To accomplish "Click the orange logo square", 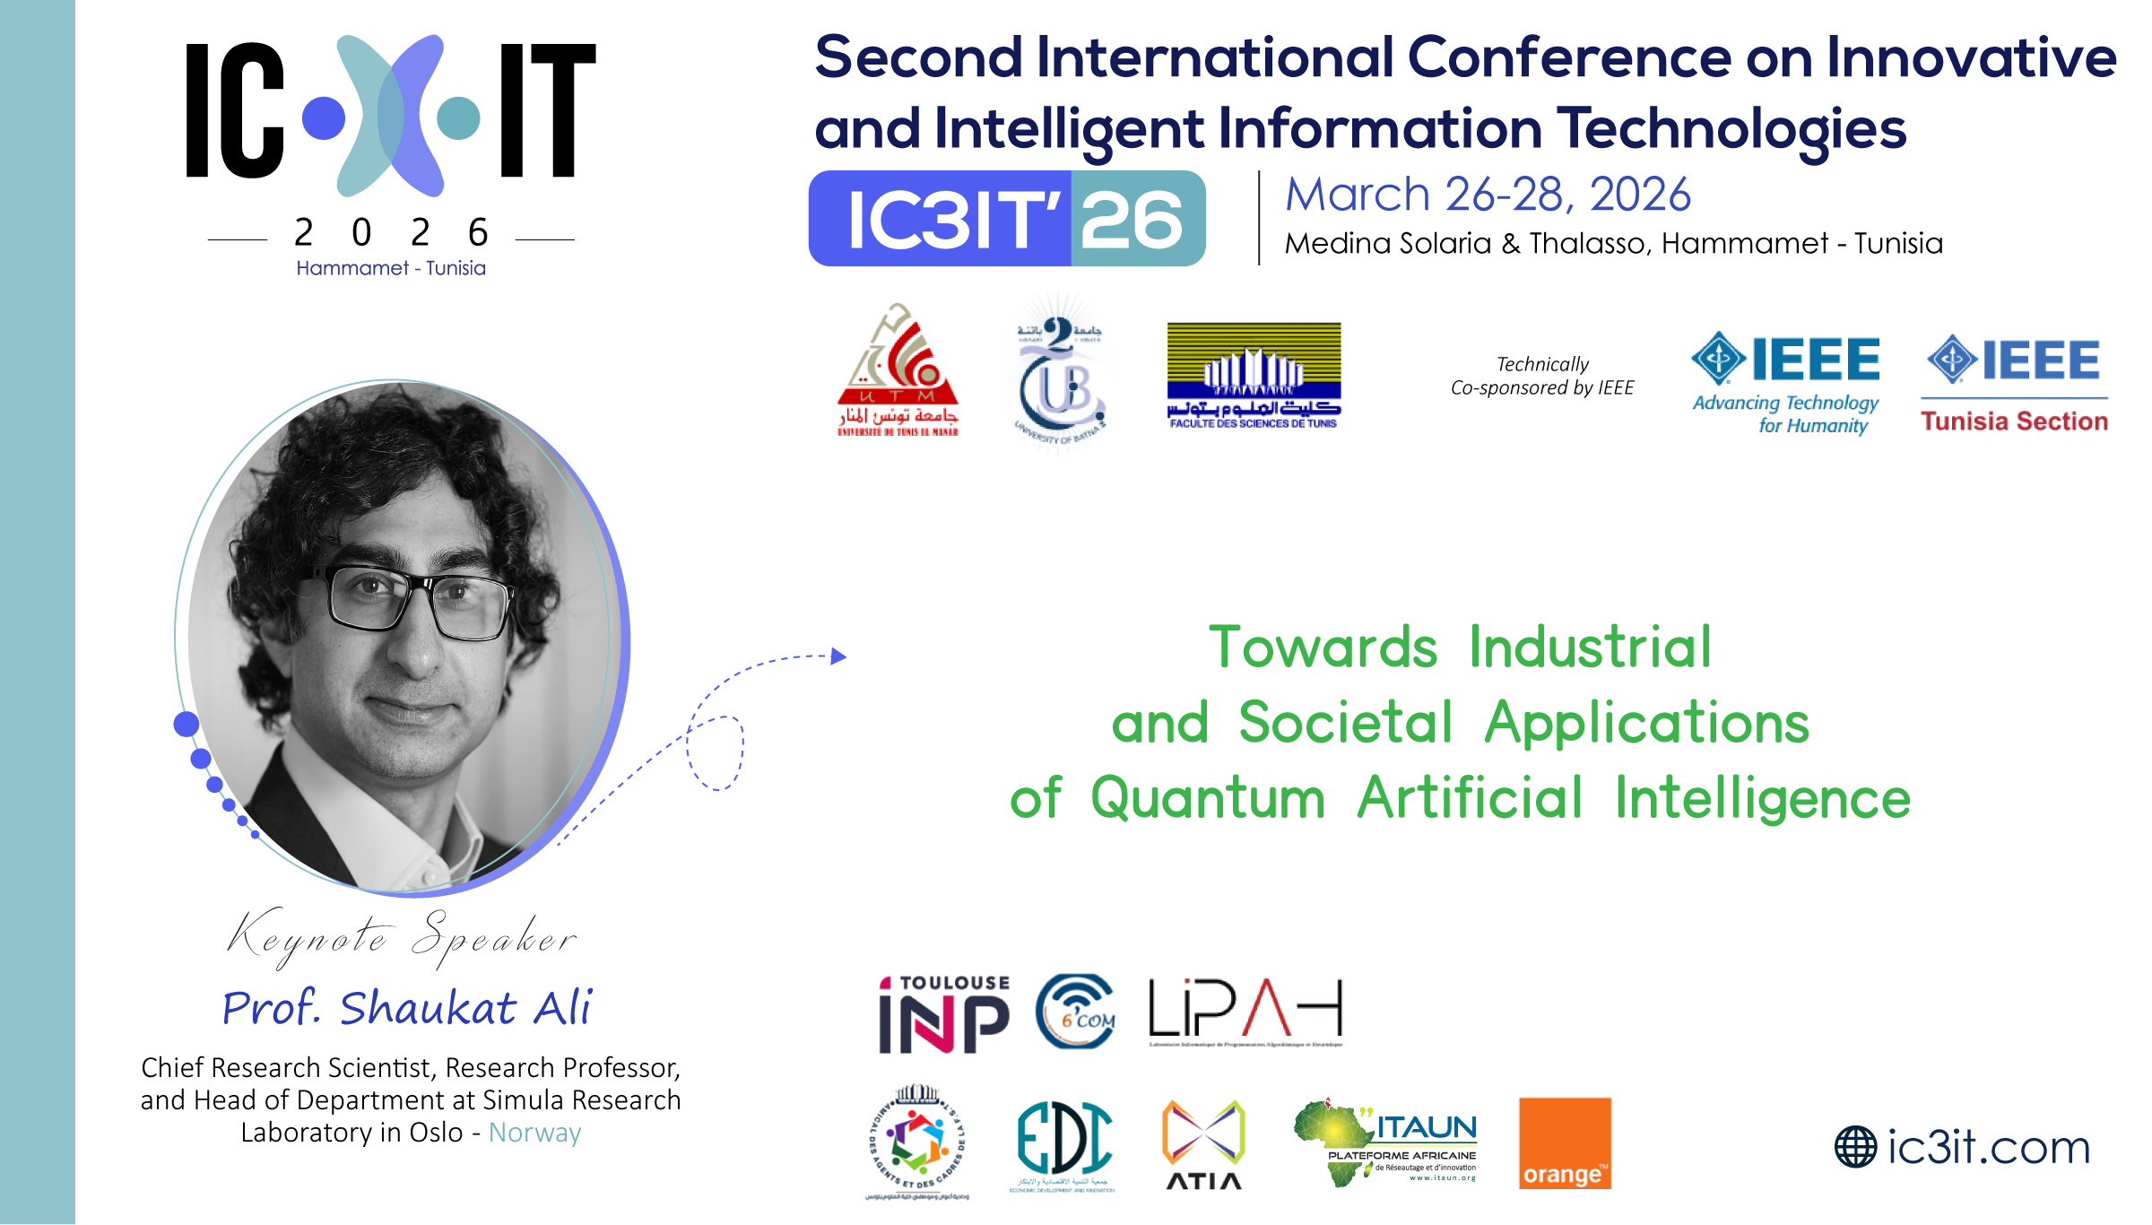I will pos(1565,1143).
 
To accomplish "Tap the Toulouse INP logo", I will pos(944,1014).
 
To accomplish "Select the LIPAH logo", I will pos(1245,1011).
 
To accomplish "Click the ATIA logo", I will pos(1203,1144).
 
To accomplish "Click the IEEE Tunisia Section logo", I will pos(2014,384).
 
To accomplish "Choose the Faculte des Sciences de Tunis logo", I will pos(1254,375).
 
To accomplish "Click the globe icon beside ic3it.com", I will pos(1855,1147).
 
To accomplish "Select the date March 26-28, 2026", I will pos(1488,195).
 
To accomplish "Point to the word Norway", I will pos(535,1133).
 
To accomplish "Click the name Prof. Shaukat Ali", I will pos(407,1007).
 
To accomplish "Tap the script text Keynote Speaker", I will pos(402,938).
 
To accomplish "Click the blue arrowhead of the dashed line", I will pos(839,656).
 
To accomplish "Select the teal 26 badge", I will pos(1137,219).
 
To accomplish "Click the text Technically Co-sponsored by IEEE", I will pos(1542,376).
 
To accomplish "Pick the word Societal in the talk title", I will pos(1345,722).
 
